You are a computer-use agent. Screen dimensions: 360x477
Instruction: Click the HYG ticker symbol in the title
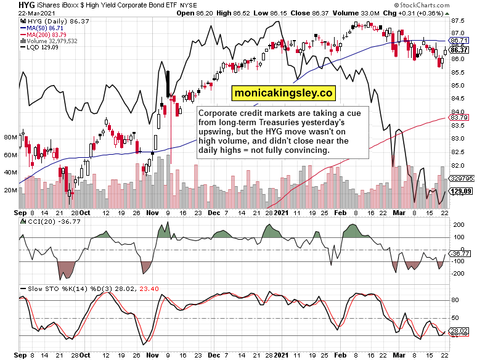[9, 5]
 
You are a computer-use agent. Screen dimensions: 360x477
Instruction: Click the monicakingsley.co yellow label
[283, 93]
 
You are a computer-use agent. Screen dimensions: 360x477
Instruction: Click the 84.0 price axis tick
[457, 112]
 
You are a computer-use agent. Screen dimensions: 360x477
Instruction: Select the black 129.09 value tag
[459, 192]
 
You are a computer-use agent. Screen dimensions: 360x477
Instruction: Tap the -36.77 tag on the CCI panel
[459, 253]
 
